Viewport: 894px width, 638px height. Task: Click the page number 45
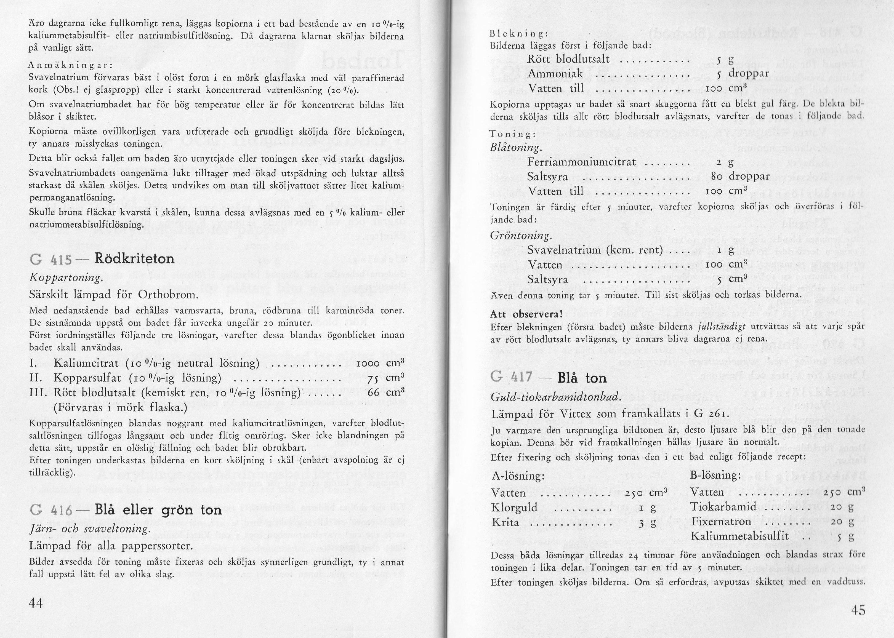coord(858,610)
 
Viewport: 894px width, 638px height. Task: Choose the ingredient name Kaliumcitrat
coord(86,363)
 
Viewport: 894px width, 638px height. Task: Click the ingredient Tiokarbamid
coord(718,507)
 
